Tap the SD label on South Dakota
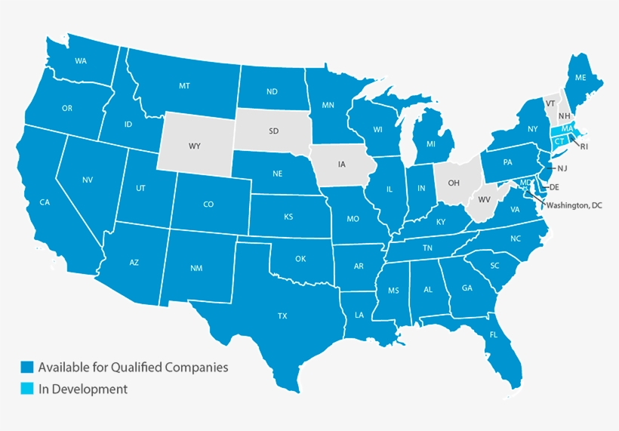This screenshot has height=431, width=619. click(x=273, y=131)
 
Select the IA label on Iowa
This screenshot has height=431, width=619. click(x=341, y=163)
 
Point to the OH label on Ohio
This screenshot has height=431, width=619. click(x=454, y=183)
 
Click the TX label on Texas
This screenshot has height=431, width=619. click(x=282, y=315)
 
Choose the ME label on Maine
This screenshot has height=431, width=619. click(x=581, y=78)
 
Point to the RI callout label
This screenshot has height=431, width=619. click(x=584, y=147)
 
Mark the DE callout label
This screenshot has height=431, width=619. click(x=554, y=186)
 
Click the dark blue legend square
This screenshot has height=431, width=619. click(x=27, y=368)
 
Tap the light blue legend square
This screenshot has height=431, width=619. click(x=27, y=389)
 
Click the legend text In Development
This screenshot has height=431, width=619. click(x=83, y=389)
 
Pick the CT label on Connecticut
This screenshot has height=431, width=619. click(x=559, y=141)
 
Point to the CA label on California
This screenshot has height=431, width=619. click(x=45, y=202)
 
